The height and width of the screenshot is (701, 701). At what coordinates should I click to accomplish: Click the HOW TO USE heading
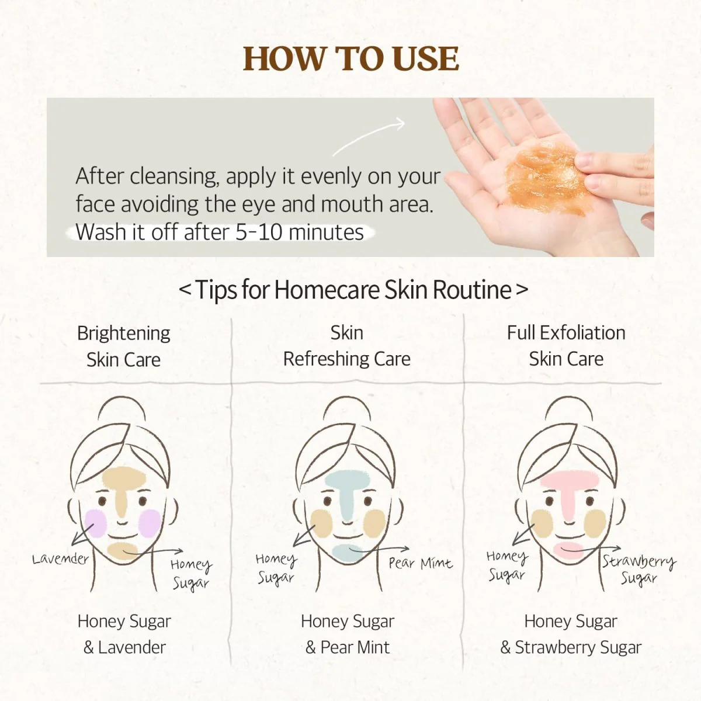(350, 58)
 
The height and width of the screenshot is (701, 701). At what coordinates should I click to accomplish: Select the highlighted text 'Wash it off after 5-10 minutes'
(220, 232)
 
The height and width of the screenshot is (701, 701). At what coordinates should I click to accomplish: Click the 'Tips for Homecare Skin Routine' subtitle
(353, 290)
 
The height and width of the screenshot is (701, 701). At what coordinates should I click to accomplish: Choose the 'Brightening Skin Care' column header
(124, 346)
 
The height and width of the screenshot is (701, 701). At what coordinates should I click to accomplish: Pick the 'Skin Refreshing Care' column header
(346, 346)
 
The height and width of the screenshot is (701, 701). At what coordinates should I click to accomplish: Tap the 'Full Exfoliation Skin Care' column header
(566, 346)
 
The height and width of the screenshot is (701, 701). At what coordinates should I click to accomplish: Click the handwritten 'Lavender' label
(60, 559)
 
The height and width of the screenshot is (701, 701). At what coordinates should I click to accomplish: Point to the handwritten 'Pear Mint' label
(421, 564)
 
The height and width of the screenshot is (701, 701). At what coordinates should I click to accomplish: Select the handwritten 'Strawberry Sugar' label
(639, 570)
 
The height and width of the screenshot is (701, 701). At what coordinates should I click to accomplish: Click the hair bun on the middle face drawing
(347, 410)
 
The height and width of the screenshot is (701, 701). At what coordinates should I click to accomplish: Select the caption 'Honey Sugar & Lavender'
(124, 634)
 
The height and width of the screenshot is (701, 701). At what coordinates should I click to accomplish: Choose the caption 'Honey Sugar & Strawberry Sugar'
(571, 634)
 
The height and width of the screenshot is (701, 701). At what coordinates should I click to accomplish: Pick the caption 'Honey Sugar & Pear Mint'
(348, 634)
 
